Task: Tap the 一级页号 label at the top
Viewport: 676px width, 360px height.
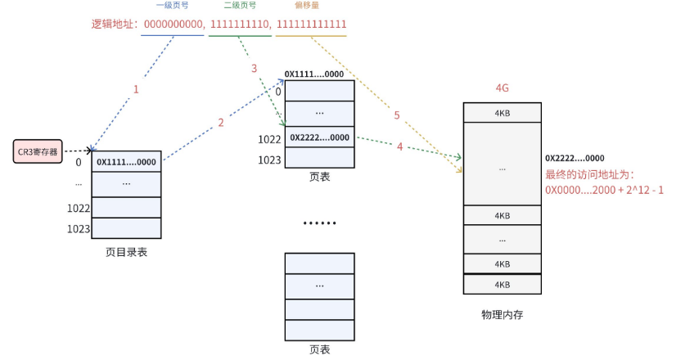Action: [x=172, y=6]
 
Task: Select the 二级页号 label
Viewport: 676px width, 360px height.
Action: [x=239, y=6]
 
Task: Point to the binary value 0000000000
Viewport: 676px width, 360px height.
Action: [x=173, y=25]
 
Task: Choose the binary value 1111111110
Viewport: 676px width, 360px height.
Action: [x=240, y=25]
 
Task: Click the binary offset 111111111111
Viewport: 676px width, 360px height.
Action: [x=311, y=25]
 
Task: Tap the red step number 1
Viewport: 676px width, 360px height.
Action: [x=136, y=89]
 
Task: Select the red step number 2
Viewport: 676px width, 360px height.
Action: [x=220, y=124]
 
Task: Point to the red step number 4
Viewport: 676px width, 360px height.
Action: [x=399, y=147]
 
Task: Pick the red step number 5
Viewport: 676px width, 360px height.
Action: [x=397, y=115]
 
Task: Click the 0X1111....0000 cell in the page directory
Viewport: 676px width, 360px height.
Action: [x=126, y=162]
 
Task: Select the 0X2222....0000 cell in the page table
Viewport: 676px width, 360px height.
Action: [x=319, y=137]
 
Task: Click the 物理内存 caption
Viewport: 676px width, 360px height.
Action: [x=502, y=314]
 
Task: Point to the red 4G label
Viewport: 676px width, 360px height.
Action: [x=502, y=88]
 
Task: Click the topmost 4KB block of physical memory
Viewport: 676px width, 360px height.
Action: [x=502, y=112]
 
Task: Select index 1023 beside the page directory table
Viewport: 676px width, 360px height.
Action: [x=79, y=228]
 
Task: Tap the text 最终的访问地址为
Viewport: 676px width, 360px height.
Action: [x=585, y=174]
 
